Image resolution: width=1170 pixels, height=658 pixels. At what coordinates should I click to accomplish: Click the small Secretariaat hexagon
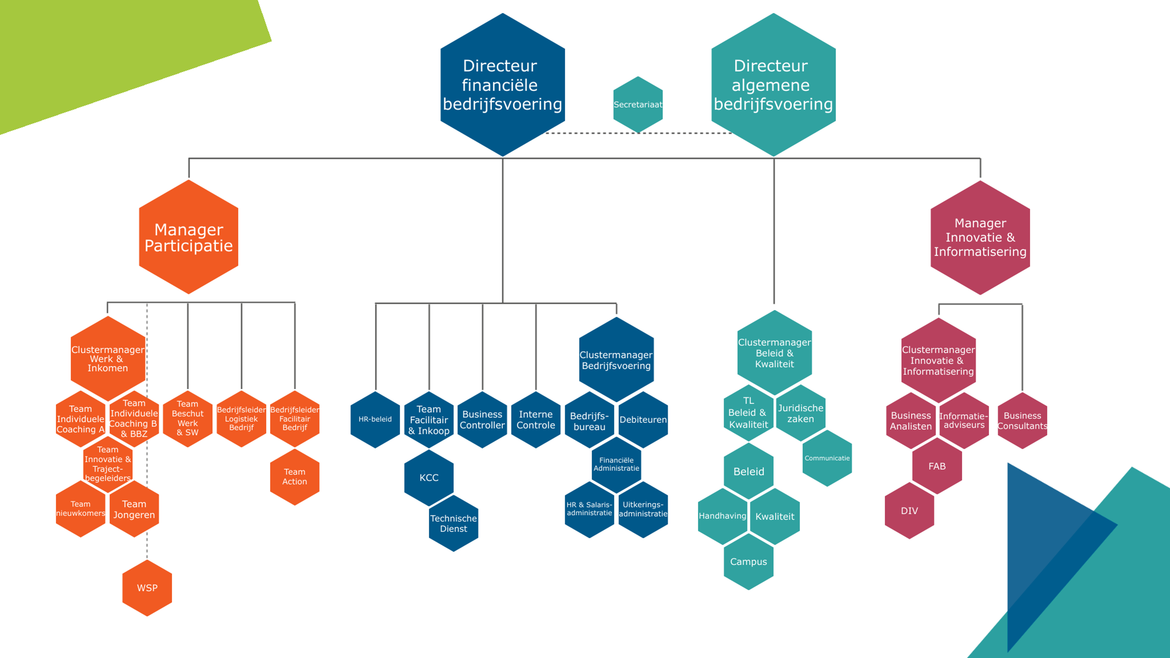638,105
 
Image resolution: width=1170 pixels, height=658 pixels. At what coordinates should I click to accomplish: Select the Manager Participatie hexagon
189,237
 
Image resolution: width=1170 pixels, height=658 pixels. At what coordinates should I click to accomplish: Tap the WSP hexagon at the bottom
147,588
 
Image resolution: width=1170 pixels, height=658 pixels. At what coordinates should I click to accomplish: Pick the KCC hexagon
429,477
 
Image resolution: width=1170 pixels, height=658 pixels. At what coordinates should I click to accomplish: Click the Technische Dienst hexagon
453,523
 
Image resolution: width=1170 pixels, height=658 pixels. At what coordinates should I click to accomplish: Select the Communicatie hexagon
827,458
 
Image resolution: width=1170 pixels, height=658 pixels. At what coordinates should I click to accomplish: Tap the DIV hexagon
909,510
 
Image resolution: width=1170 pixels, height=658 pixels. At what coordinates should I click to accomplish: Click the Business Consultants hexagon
1022,420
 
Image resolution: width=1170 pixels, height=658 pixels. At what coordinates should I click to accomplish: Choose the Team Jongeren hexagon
134,509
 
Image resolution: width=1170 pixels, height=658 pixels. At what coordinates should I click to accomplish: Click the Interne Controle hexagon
536,420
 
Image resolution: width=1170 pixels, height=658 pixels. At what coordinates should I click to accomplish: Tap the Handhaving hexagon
722,516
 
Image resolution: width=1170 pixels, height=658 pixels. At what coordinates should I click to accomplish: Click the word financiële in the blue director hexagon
500,85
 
